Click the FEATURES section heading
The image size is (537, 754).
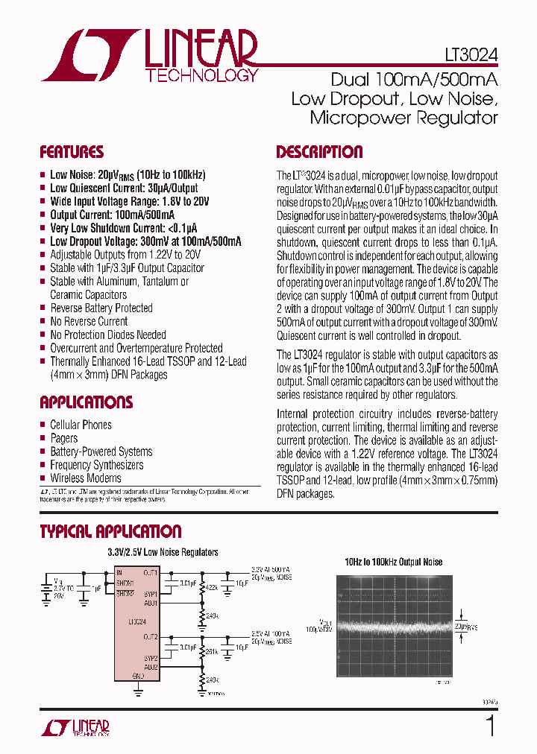72,152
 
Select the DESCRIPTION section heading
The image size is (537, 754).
319,152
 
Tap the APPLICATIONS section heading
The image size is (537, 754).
86,402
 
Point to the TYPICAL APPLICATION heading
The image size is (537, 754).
110,531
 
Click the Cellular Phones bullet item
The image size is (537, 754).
81,425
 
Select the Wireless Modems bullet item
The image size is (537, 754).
85,478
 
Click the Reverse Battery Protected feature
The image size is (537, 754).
101,308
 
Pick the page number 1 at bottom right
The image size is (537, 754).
490,726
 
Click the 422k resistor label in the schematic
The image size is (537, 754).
210,588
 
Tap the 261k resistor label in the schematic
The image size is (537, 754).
210,651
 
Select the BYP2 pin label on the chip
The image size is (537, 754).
150,659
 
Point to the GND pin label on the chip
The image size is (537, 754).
138,676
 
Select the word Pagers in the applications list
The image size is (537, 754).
64,438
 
